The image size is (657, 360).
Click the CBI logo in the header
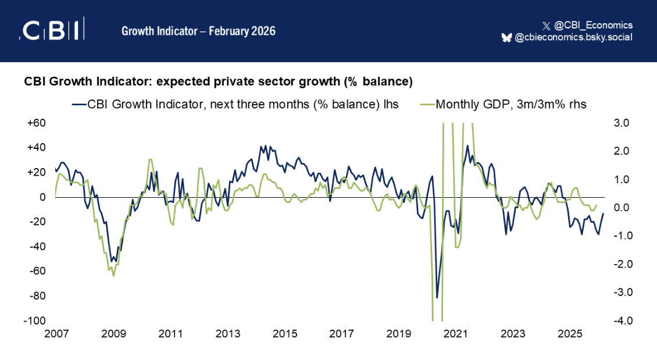[x=52, y=30]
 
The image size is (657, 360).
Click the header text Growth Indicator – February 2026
[x=198, y=31]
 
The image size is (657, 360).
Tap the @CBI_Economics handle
[x=588, y=25]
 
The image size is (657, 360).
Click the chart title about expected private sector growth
[x=218, y=82]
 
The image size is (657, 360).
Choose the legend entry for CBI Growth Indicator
[x=236, y=105]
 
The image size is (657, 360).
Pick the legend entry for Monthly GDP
[x=503, y=105]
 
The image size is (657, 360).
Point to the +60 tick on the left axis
[x=36, y=123]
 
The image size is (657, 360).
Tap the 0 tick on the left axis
[x=42, y=197]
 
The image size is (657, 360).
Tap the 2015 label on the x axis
[x=285, y=334]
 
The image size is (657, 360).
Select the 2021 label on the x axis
[x=456, y=334]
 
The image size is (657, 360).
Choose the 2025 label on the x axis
[x=570, y=334]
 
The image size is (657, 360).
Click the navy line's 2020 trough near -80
[x=437, y=298]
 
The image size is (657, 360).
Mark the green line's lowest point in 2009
[x=113, y=276]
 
